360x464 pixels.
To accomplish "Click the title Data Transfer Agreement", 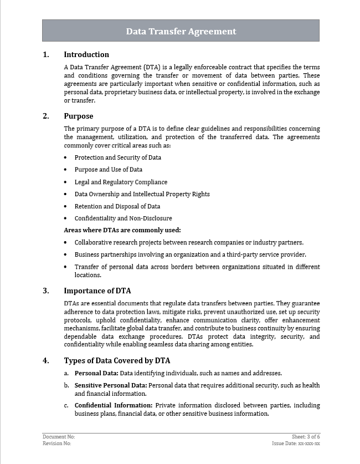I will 181,32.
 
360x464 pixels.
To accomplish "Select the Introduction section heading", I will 86,54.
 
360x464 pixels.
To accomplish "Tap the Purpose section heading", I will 79,116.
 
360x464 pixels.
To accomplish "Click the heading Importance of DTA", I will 97,290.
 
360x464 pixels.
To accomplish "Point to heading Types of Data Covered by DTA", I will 117,360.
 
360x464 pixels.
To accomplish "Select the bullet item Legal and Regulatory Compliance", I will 121,182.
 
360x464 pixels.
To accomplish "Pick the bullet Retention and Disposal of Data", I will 117,206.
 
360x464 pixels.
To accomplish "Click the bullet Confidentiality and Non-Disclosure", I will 123,218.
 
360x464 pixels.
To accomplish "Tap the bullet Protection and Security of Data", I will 118,157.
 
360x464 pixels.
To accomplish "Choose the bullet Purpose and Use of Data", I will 109,170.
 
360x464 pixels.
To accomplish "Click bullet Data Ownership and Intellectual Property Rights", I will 142,194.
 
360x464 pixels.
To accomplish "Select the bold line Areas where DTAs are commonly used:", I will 122,230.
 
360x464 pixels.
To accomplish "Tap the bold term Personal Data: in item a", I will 96,373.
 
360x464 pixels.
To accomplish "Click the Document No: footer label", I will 59,437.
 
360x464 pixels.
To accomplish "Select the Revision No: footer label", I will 57,443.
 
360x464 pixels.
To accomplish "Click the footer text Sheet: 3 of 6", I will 306,437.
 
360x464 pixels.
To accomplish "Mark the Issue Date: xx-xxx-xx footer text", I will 296,443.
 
